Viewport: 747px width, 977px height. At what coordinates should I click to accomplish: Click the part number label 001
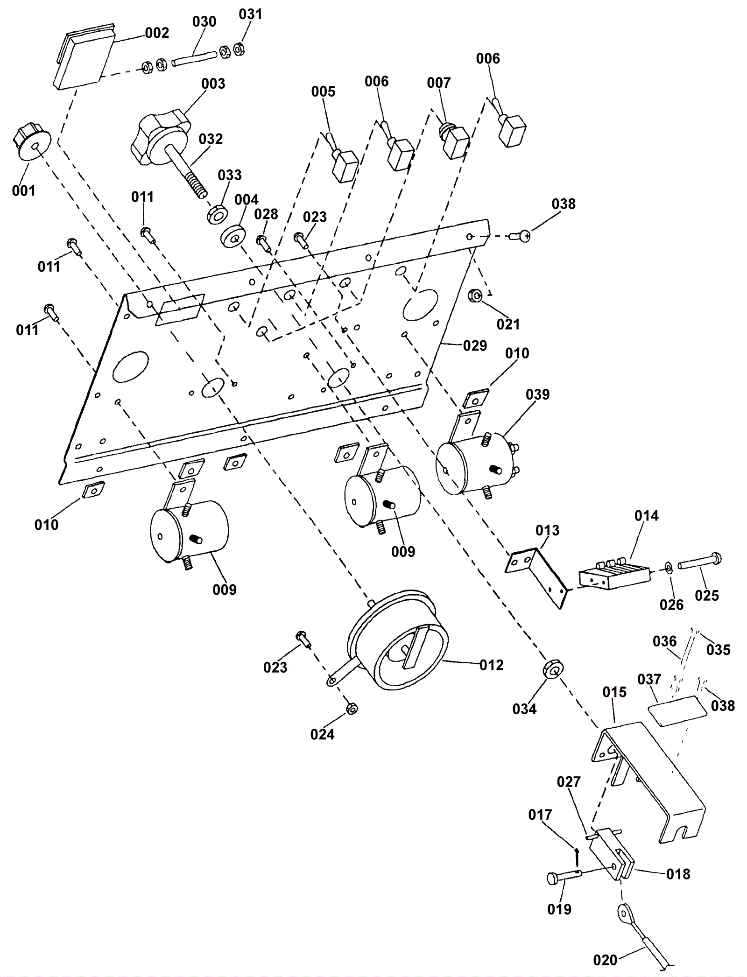23,190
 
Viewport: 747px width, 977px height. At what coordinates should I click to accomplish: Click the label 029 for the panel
475,345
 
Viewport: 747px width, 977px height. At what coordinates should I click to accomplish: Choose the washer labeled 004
232,237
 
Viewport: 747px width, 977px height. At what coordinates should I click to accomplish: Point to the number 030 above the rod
204,21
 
